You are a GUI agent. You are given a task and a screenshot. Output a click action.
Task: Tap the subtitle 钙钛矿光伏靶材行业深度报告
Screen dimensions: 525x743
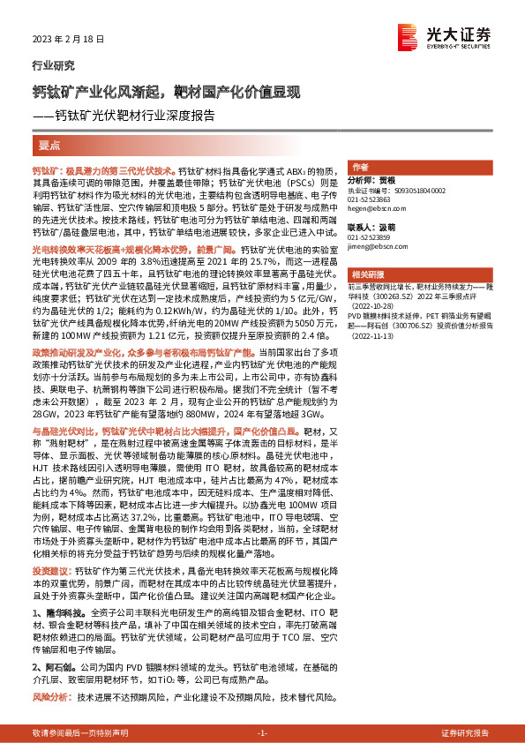(132, 115)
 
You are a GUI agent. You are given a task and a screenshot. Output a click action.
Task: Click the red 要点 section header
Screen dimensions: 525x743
(50, 144)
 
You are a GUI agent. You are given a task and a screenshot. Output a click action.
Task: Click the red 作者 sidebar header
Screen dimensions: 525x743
(360, 167)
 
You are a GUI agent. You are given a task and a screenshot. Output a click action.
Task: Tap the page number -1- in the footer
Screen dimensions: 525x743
(261, 733)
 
